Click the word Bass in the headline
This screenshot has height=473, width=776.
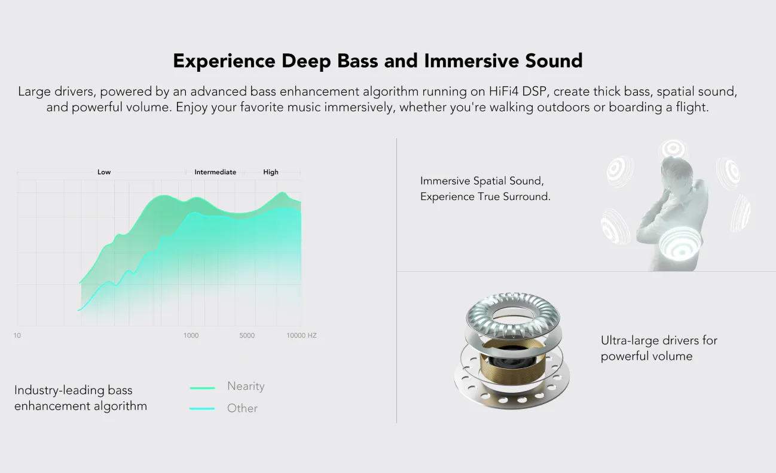click(358, 61)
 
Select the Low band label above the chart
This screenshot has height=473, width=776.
click(104, 172)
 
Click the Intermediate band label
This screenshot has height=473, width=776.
click(215, 172)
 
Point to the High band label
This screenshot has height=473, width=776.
click(271, 172)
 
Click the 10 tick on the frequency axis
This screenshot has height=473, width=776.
click(17, 335)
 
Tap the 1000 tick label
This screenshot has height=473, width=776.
click(191, 335)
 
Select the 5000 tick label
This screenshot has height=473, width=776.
click(247, 335)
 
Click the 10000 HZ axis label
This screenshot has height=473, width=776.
click(301, 335)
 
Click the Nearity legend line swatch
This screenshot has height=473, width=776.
click(202, 388)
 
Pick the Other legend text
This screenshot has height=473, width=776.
click(242, 408)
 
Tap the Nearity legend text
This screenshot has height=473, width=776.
click(246, 386)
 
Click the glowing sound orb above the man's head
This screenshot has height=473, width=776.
click(673, 149)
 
